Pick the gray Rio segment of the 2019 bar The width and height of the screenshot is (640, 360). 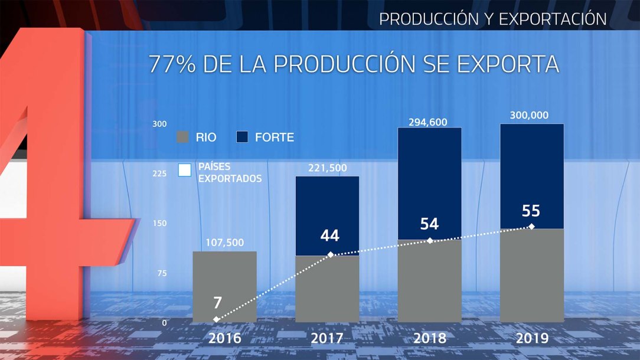531,274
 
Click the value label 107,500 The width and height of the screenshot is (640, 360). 224,242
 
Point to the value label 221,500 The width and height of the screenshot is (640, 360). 327,168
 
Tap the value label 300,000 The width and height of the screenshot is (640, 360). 531,116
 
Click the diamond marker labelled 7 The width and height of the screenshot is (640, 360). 216,319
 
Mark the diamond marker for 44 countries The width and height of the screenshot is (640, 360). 331,254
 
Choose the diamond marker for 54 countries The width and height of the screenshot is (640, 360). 430,241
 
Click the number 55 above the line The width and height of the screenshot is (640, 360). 531,211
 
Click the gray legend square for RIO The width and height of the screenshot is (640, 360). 183,138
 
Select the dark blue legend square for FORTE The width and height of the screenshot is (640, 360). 242,138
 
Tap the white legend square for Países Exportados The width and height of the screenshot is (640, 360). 185,170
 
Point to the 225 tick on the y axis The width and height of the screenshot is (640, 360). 160,174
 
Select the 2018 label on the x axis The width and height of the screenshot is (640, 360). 430,339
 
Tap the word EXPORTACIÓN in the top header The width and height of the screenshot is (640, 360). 552,19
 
